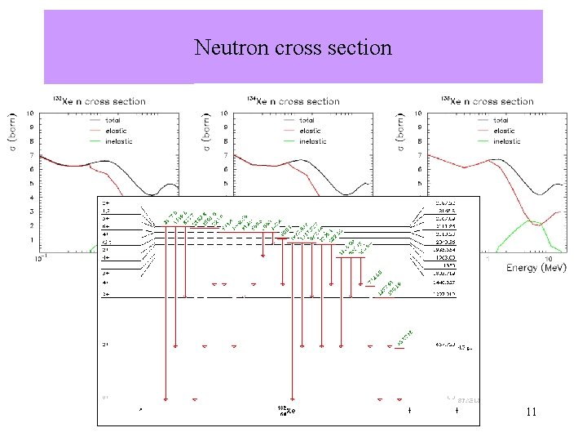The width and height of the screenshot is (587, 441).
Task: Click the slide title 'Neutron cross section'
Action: point(293,47)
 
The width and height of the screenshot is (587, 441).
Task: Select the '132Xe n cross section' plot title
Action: point(99,101)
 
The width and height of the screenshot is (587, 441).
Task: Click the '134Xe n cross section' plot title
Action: point(293,101)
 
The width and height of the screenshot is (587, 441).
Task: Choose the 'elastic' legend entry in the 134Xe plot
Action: point(311,131)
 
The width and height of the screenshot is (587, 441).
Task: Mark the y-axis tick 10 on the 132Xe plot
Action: point(30,113)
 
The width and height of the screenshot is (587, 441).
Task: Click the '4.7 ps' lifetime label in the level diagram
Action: point(465,347)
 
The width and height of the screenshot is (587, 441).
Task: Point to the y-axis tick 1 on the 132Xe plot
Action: point(32,240)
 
